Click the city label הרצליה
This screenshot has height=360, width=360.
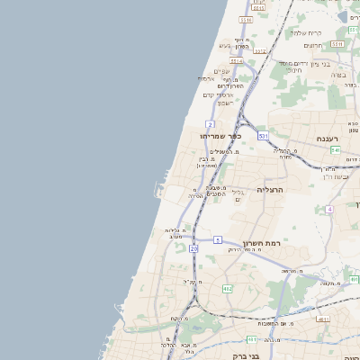[270, 190]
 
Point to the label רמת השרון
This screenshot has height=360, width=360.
[263, 243]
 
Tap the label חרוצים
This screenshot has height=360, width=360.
[312, 46]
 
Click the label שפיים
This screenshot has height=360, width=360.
[222, 72]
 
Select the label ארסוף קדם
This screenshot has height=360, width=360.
[218, 95]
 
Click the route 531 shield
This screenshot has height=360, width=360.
[262, 135]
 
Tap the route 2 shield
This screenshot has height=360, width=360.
[210, 123]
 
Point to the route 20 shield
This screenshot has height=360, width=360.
[194, 247]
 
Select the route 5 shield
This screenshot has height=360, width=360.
[218, 239]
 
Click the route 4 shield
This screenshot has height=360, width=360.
[330, 209]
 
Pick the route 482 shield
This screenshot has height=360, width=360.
[227, 288]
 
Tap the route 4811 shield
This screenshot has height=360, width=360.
[323, 318]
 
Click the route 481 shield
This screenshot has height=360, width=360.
[252, 339]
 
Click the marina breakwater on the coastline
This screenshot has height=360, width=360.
[157, 191]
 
